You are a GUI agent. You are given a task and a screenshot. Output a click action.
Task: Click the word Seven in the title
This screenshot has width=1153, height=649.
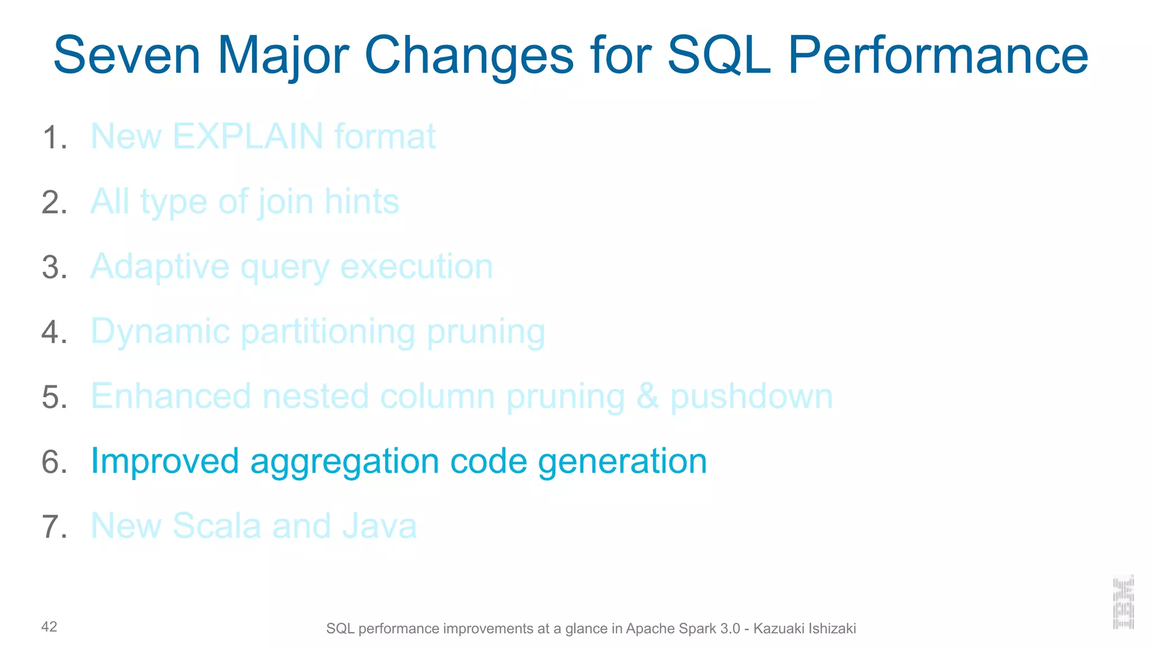pos(127,55)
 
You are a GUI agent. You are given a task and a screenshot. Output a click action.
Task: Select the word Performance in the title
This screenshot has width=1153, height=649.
pos(938,55)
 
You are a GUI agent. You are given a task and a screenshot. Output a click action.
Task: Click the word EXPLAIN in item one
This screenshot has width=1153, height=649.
pos(248,136)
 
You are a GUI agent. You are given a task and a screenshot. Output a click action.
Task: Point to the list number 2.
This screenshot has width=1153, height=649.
pos(55,202)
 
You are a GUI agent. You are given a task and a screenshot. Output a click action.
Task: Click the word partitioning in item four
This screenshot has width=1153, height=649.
pos(328,332)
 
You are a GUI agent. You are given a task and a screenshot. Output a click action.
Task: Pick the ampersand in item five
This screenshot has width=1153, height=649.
pos(647,396)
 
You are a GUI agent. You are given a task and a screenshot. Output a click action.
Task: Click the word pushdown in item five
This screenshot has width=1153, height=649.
pos(751,397)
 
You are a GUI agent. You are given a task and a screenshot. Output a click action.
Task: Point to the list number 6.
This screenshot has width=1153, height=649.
pos(55,462)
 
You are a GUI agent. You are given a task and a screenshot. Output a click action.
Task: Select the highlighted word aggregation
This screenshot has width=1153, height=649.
pos(344,462)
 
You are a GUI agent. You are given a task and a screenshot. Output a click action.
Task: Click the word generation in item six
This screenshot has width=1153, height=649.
pos(622,461)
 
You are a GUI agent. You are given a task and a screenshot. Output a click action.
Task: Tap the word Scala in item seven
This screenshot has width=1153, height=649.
pos(217,526)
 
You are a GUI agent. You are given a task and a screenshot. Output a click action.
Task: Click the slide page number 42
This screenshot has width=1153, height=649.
pos(49,627)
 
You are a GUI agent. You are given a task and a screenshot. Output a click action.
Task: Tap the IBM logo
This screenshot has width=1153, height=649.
pos(1123,602)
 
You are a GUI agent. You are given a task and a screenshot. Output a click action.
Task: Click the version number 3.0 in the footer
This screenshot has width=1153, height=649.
pos(730,629)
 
